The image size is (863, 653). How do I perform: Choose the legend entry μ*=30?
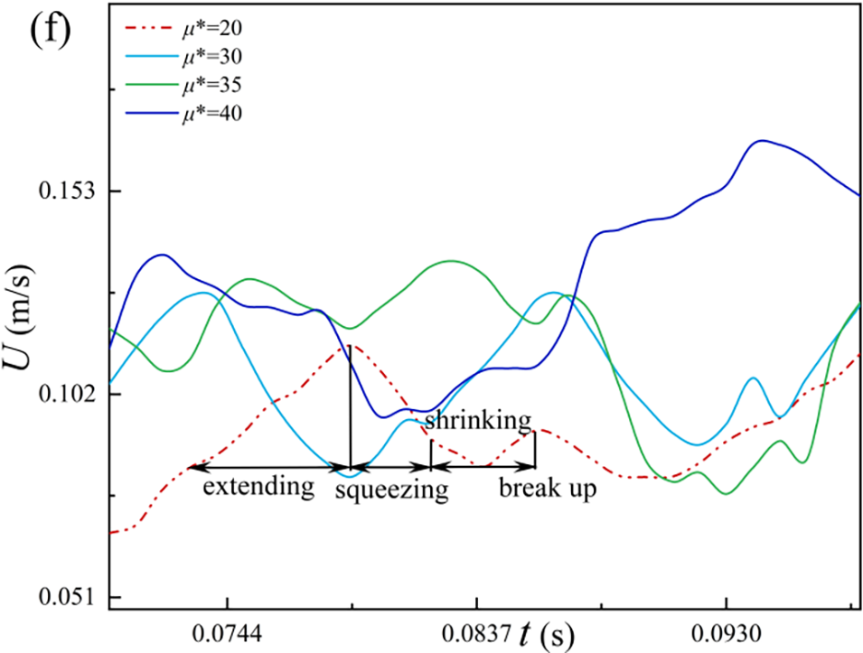[x=210, y=55]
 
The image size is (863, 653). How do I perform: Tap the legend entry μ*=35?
[x=210, y=85]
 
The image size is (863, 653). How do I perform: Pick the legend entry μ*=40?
[x=210, y=114]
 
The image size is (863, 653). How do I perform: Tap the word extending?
[x=258, y=488]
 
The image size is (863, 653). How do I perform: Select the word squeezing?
[x=391, y=490]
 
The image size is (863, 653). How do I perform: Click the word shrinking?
[x=476, y=420]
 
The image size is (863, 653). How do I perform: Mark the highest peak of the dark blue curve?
[x=763, y=141]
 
